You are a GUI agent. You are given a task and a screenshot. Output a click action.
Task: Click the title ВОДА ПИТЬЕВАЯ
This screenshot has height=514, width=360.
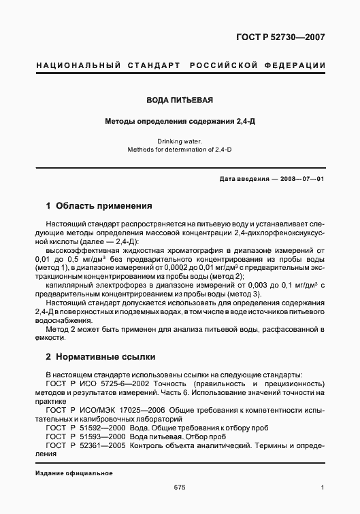pos(180,100)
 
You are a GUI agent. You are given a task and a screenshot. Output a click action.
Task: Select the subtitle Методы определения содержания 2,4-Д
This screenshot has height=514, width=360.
pos(180,122)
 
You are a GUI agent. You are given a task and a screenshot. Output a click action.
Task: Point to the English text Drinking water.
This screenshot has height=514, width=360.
pos(180,141)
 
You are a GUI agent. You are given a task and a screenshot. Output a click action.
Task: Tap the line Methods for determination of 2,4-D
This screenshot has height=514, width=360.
pos(180,150)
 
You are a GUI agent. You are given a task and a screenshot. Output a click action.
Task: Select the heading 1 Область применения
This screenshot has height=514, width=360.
pos(98,205)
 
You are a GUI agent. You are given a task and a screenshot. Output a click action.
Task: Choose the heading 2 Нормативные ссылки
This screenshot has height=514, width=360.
pos(101,356)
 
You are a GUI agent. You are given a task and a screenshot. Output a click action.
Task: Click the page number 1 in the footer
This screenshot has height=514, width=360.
pos(323,487)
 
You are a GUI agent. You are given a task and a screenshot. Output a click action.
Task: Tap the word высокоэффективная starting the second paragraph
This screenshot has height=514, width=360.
pos(79,250)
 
